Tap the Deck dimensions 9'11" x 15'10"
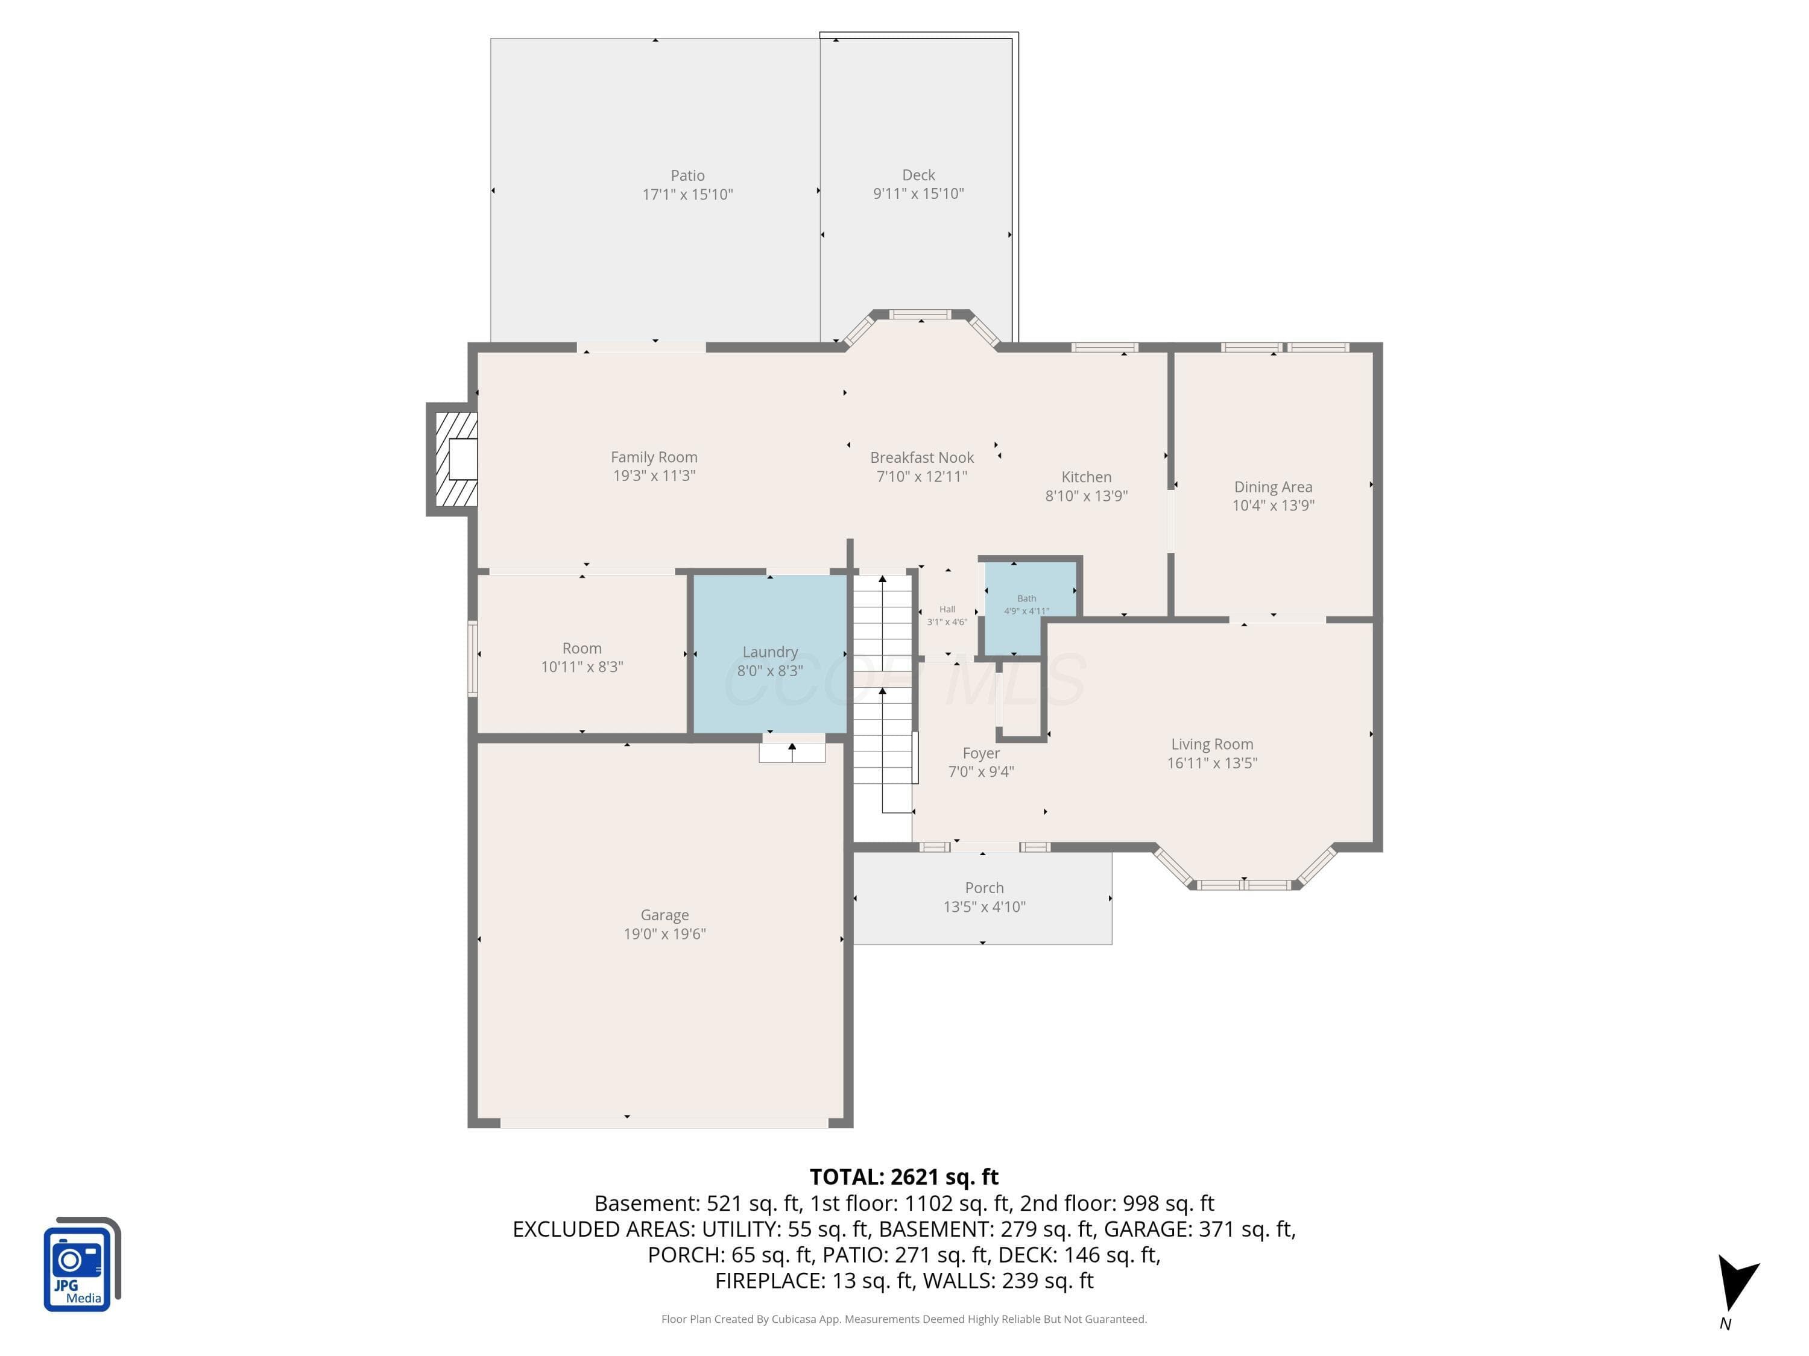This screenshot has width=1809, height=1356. coord(918,193)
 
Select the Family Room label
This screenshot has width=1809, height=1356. coord(654,457)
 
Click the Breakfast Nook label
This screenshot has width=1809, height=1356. coord(921,457)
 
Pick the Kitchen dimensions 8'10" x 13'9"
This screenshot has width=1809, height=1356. coord(1086,495)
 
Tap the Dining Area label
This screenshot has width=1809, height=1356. coord(1274,487)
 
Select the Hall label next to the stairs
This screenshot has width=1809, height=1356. coord(947,609)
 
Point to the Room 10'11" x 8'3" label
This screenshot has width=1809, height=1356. coord(581,657)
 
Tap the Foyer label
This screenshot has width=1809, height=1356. coord(980,753)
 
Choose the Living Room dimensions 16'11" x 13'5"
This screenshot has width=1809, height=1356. coord(1212,762)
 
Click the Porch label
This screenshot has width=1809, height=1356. coord(984,888)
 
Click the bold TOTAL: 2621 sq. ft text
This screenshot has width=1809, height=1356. coord(904,1176)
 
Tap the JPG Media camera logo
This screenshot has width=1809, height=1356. coord(82,1264)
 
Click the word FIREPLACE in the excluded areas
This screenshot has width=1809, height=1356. coord(769,1280)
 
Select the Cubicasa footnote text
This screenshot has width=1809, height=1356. coord(904,1319)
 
